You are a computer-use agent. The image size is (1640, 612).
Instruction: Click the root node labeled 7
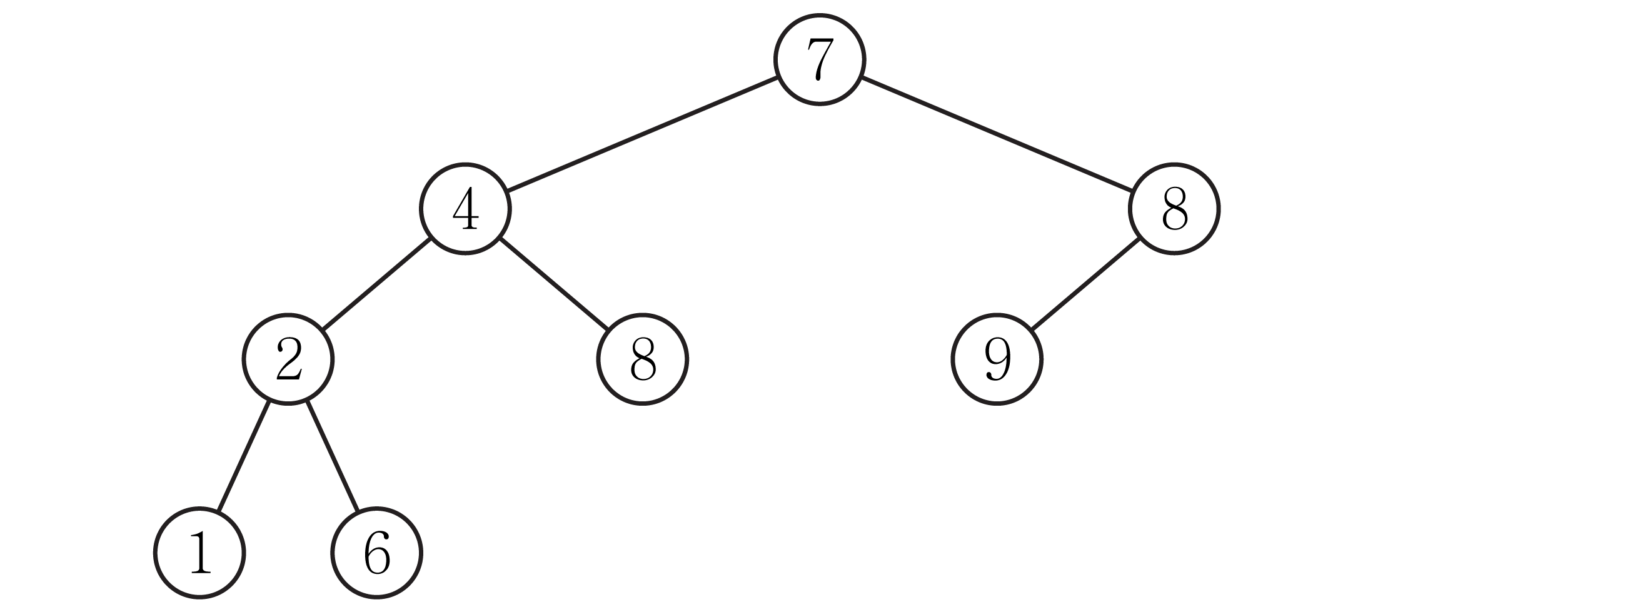819,59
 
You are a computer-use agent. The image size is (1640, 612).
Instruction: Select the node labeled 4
465,209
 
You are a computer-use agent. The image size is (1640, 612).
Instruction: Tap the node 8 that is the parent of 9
1174,209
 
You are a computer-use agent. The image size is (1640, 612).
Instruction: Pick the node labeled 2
288,359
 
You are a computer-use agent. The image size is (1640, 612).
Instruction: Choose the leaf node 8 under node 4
642,359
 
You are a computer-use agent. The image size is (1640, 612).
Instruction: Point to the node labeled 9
997,359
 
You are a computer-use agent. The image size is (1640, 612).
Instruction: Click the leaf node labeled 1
199,553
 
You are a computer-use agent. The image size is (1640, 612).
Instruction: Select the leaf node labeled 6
376,553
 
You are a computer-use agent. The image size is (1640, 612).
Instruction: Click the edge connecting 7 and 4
642,134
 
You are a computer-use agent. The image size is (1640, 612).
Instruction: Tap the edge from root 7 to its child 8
997,134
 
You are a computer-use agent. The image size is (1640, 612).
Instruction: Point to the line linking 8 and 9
1085,284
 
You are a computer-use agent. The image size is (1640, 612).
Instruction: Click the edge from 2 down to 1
244,456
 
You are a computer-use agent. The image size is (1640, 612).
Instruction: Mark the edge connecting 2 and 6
333,456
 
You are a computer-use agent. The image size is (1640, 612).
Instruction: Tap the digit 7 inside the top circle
820,59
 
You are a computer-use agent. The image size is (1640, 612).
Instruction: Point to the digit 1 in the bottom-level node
200,552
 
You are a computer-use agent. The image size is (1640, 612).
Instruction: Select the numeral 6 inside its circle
377,553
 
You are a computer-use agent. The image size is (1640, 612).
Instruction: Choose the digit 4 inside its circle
465,208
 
